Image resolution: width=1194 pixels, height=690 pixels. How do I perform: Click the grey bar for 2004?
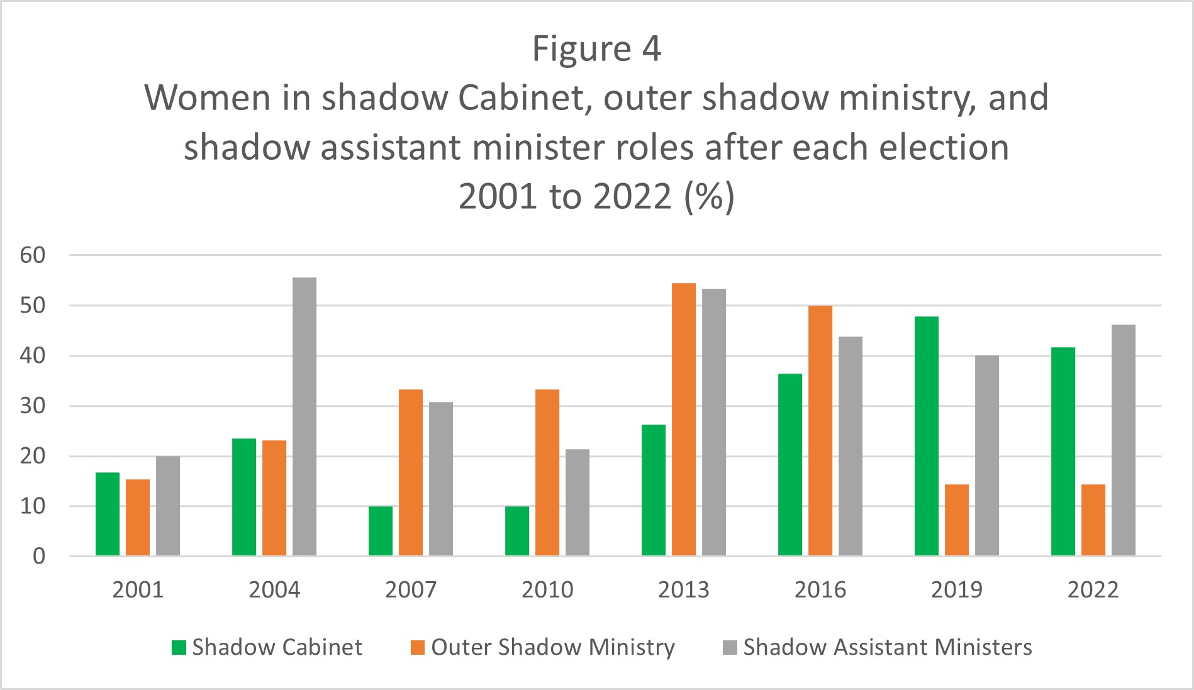(304, 416)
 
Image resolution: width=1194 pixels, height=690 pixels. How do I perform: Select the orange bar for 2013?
(684, 420)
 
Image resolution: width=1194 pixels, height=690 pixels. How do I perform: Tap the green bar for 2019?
(926, 436)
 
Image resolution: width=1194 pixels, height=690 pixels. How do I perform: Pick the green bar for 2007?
(381, 531)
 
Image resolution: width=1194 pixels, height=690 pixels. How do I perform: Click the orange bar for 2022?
(1093, 520)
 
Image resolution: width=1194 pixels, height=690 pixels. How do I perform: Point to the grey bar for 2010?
(577, 503)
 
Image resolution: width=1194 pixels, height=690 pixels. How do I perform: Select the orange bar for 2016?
(820, 431)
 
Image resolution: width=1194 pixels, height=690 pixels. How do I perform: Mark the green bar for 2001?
(108, 514)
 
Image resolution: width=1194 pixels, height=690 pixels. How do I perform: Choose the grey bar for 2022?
(1124, 440)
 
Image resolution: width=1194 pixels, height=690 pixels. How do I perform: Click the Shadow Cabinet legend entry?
(267, 647)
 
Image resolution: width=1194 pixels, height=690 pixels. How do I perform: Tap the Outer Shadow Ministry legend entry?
(543, 647)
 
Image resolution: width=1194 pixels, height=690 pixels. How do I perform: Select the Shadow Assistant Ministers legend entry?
(878, 647)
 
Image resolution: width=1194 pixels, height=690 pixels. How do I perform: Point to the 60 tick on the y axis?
(33, 255)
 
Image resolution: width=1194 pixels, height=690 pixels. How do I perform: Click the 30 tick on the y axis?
(33, 406)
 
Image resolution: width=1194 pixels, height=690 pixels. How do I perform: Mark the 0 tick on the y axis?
(39, 556)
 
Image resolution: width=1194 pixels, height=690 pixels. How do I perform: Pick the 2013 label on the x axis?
(683, 590)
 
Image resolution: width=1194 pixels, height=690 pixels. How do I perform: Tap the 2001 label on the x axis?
(138, 590)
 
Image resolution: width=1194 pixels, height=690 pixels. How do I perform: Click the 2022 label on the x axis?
(1093, 590)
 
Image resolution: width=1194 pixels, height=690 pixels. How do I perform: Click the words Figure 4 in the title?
(596, 49)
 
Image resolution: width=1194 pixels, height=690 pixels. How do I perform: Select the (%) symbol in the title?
(710, 197)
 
